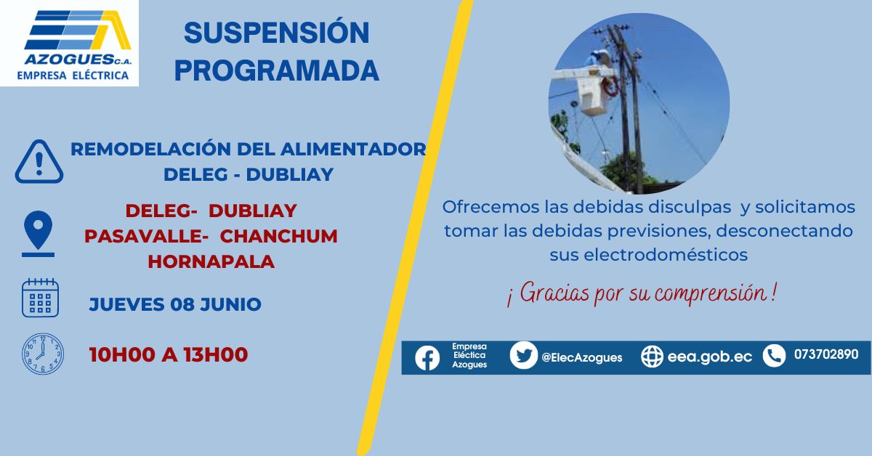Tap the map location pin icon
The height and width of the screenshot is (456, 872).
(x=38, y=234)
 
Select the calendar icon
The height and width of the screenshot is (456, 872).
(x=40, y=298)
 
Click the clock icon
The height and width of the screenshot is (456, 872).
(x=43, y=354)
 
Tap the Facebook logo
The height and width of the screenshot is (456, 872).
(x=427, y=358)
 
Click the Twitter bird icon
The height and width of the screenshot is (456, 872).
(x=524, y=355)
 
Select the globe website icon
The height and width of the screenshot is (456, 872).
(x=652, y=357)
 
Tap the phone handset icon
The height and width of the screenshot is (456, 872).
(x=774, y=356)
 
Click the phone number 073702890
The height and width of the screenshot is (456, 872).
(x=826, y=354)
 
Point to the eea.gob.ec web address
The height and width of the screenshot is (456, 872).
(x=710, y=357)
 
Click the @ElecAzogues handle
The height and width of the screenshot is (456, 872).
(x=581, y=357)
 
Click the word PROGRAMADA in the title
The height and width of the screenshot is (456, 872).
(x=277, y=70)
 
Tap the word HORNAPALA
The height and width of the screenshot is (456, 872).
(x=211, y=261)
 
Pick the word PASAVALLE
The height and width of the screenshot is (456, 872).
(x=143, y=236)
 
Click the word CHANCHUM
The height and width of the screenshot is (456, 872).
(x=279, y=236)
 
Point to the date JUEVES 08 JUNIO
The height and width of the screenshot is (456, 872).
(x=175, y=304)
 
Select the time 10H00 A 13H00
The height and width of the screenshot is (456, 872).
(x=169, y=354)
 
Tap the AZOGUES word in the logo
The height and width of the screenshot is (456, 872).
(x=69, y=60)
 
